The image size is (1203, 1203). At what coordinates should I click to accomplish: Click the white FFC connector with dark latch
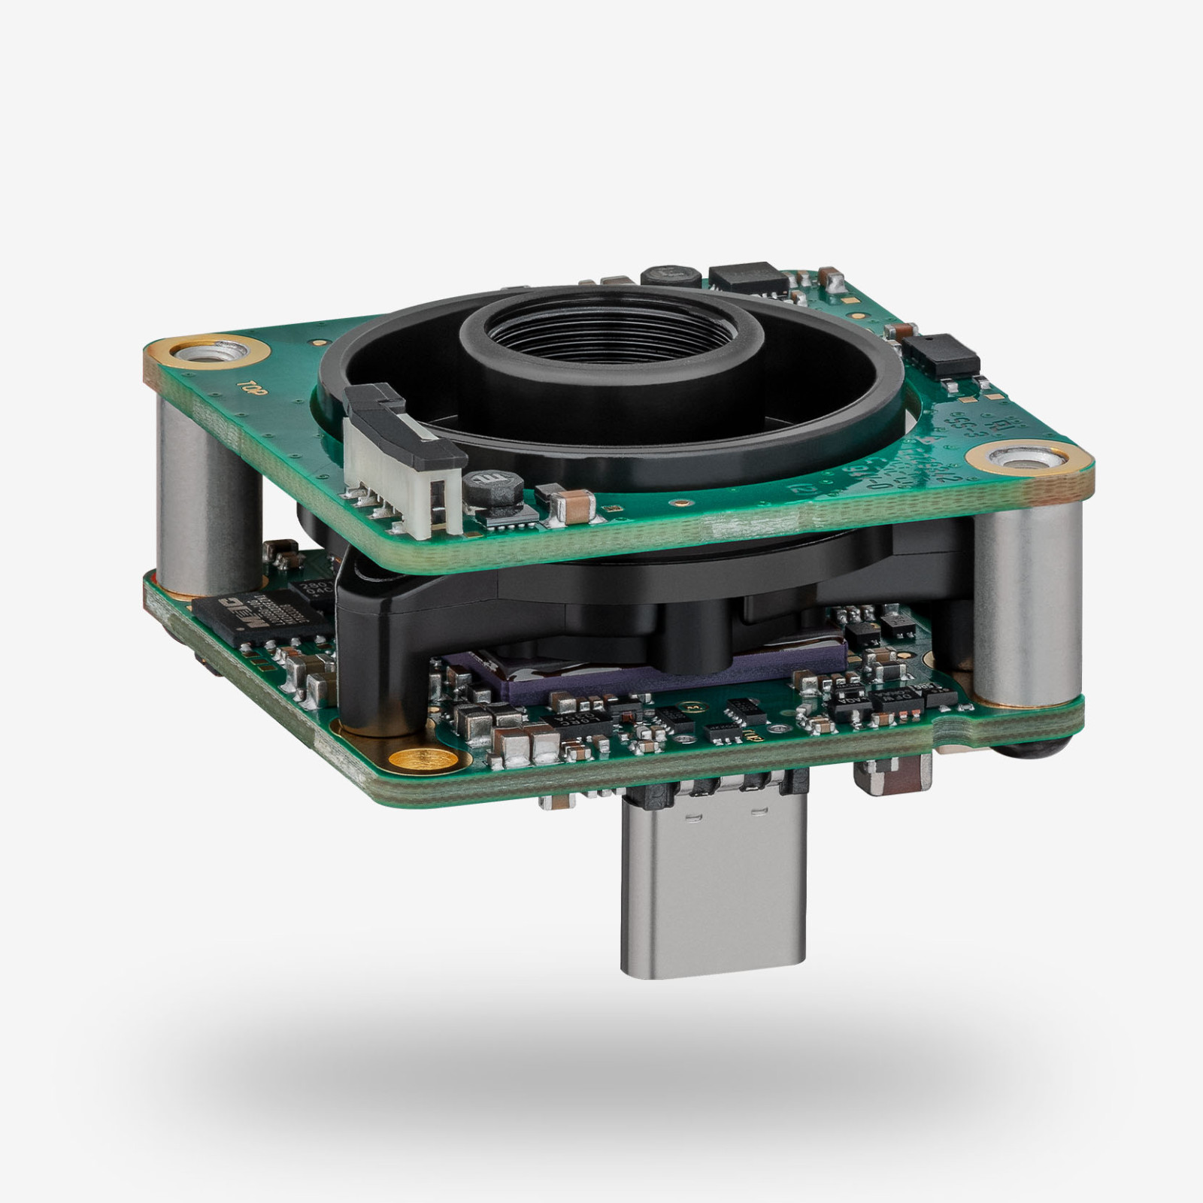click(398, 459)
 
